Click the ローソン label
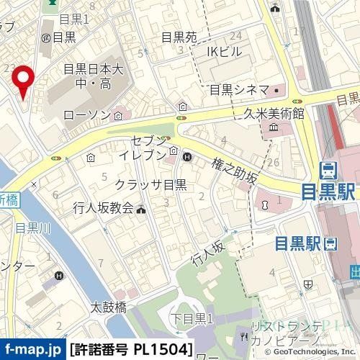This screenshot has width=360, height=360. pos(87,115)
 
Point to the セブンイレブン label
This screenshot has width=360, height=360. pos(148,146)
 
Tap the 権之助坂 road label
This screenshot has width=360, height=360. pos(234,173)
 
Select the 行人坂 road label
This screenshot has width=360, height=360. pos(209,253)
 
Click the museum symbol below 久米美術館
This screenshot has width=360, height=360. pos(274,127)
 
